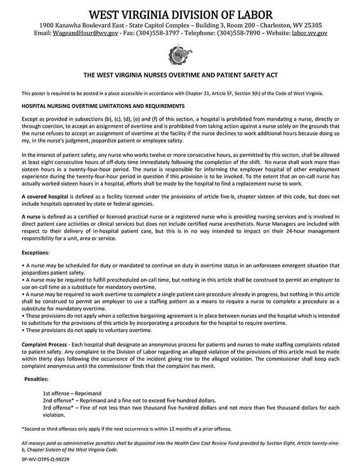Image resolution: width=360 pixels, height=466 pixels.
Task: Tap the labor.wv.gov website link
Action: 310,33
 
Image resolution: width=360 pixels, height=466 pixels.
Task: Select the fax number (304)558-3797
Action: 157,33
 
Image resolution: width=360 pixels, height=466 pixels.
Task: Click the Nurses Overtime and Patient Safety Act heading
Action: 180,75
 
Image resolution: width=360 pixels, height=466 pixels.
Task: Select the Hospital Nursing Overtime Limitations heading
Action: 103,106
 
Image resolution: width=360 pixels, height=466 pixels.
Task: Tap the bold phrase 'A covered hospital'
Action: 45,197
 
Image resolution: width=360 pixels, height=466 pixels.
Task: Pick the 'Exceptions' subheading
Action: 35,253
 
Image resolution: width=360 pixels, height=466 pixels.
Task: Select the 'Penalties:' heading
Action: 36,380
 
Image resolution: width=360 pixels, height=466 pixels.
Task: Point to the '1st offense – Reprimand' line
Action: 72,393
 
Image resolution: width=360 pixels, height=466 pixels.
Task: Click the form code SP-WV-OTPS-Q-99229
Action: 45,460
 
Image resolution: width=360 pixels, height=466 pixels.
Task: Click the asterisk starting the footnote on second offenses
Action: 22,429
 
